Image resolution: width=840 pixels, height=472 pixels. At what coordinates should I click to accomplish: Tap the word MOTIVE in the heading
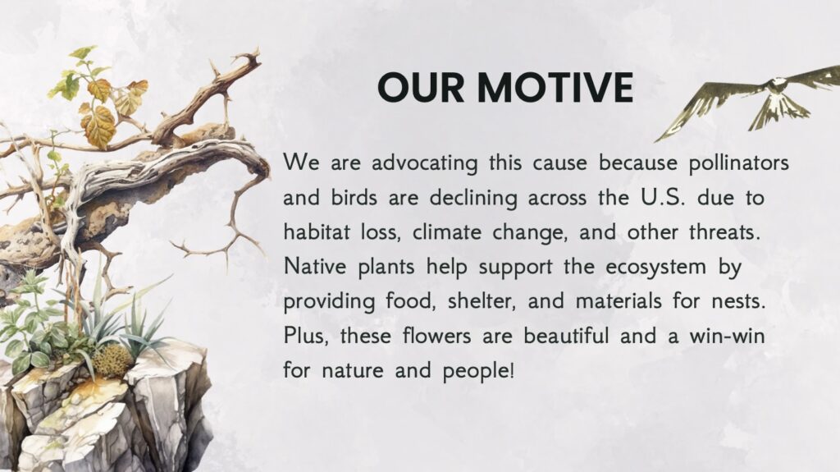point(555,88)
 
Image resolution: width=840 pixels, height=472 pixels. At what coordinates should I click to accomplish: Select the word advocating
point(424,163)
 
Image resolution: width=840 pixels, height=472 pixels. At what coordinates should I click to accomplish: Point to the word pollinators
point(739,163)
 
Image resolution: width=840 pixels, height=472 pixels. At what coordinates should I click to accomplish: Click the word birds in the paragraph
point(354,197)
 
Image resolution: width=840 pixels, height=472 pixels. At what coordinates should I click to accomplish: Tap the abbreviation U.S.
point(663,198)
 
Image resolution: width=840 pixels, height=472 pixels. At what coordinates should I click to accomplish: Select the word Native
point(314,266)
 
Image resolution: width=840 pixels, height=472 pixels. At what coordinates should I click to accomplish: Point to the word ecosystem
point(656,267)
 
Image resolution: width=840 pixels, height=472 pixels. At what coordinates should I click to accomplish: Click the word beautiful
point(566,336)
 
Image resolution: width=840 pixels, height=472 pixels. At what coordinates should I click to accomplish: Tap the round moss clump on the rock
point(112,360)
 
